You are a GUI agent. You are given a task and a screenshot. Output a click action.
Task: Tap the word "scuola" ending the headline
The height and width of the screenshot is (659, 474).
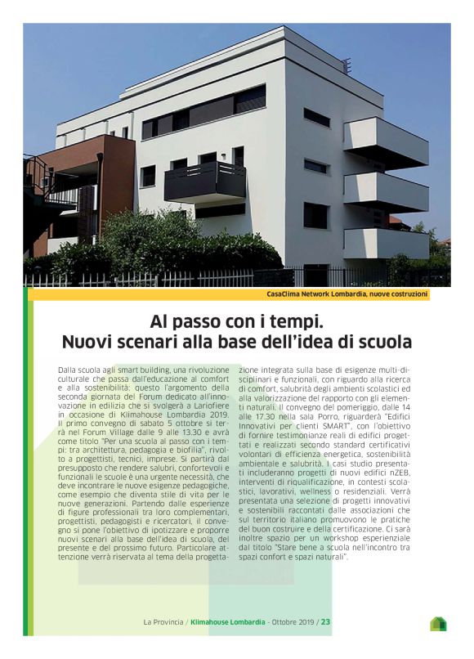pos(385,340)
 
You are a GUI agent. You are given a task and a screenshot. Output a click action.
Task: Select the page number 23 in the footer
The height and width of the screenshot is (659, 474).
pos(325,621)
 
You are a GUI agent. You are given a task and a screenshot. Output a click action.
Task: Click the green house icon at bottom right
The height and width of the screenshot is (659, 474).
pos(438,624)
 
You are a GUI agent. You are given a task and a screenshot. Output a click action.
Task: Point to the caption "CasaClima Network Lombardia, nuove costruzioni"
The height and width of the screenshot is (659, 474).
pos(347,294)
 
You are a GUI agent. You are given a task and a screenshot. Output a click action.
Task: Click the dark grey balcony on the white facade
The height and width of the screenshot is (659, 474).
pos(205,181)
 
